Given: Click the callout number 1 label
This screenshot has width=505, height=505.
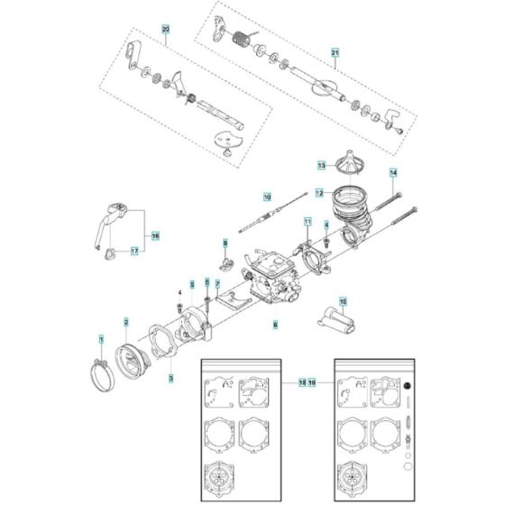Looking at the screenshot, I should pos(101,338).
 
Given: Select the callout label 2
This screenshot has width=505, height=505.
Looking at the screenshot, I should pos(126,322).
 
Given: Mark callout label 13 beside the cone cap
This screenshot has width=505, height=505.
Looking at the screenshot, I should pos(320,166).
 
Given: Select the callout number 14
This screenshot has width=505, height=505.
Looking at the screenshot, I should pos(392,171).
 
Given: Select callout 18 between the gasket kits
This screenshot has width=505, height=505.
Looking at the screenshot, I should pos(302,382).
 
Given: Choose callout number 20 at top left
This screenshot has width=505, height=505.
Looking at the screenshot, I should pos(165,32).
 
